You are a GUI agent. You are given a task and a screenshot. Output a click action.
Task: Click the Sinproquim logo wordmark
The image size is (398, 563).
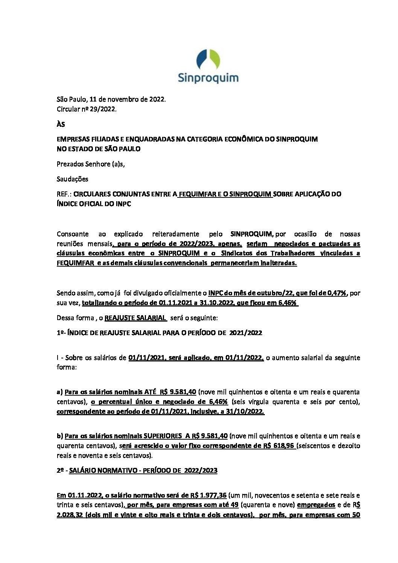tap(208, 78)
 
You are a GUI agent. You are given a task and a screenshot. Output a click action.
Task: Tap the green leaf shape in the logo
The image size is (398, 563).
tap(214, 59)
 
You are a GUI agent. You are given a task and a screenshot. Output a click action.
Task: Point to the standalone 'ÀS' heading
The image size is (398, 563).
tap(61, 124)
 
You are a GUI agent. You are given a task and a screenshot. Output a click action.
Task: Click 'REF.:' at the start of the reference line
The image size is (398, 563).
tap(64, 194)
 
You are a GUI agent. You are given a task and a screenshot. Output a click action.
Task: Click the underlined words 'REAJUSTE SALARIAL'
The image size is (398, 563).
tap(135, 317)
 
